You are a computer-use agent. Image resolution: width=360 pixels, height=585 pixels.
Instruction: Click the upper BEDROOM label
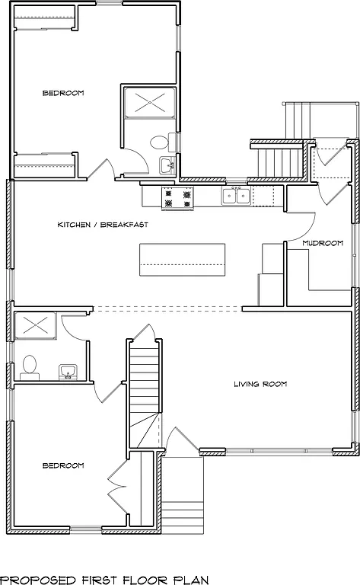pyautogui.click(x=62, y=93)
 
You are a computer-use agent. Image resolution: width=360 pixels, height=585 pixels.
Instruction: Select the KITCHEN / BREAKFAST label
pyautogui.click(x=102, y=225)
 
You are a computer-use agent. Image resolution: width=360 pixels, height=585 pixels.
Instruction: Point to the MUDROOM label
pyautogui.click(x=322, y=243)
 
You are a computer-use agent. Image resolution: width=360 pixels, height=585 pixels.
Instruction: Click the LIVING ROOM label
pyautogui.click(x=260, y=384)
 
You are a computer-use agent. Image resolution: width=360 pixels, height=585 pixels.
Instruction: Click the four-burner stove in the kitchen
pyautogui.click(x=179, y=197)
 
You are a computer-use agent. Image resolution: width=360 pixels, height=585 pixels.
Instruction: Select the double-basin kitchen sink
pyautogui.click(x=237, y=197)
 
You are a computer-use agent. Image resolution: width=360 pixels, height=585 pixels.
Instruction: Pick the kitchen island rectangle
pyautogui.click(x=182, y=260)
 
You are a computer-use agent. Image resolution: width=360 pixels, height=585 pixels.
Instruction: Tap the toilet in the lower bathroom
pyautogui.click(x=31, y=366)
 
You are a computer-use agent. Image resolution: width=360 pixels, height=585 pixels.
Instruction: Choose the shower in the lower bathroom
pyautogui.click(x=35, y=325)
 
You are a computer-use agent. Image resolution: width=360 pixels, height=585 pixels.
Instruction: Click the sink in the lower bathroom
pyautogui.click(x=68, y=372)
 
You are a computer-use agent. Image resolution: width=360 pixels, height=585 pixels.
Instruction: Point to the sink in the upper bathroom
pyautogui.click(x=167, y=165)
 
